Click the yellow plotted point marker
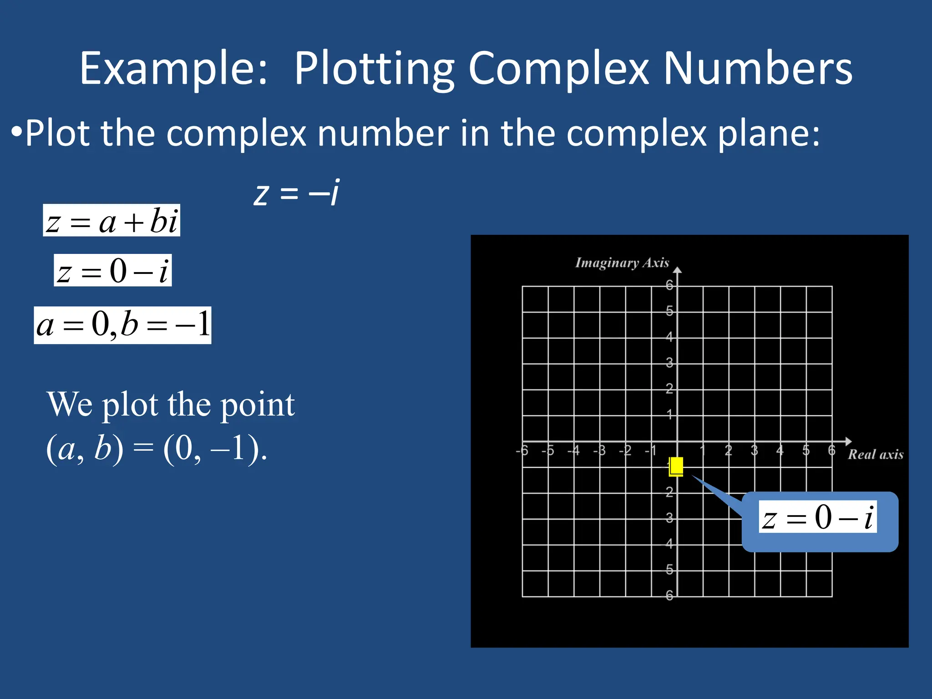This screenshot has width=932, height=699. (x=676, y=466)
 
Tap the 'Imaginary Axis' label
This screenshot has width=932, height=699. (x=622, y=263)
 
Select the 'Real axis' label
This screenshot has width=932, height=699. (x=875, y=454)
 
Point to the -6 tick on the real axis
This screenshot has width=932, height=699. (x=522, y=451)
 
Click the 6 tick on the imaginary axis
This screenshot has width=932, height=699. (x=669, y=285)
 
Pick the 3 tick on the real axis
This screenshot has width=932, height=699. (x=754, y=451)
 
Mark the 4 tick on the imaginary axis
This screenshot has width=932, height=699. (x=669, y=337)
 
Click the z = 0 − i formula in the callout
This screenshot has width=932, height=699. (x=818, y=517)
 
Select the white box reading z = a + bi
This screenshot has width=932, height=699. (x=111, y=221)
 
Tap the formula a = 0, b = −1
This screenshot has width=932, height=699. (x=122, y=325)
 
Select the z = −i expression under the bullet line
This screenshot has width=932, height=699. (x=296, y=193)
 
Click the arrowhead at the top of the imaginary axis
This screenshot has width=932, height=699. (x=678, y=270)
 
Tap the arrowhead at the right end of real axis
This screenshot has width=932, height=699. (x=848, y=441)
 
